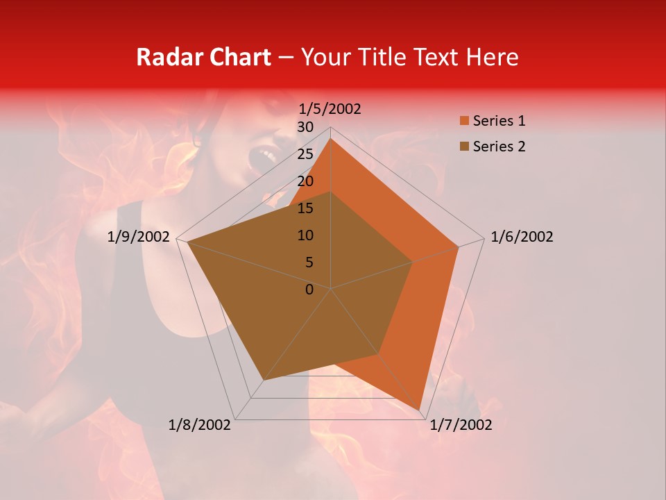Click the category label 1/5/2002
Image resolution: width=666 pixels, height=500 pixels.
[x=330, y=109]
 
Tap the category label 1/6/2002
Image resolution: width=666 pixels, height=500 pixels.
[x=522, y=237]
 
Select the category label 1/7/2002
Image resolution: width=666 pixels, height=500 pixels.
[x=461, y=425]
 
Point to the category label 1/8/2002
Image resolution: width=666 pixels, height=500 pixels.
[x=200, y=425]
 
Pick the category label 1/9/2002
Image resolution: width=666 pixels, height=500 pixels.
[x=139, y=237]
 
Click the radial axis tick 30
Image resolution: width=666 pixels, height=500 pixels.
[x=305, y=127]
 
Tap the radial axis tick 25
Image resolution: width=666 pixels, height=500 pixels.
[x=305, y=154]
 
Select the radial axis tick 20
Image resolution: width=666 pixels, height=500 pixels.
[x=305, y=181]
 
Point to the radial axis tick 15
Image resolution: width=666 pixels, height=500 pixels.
[x=305, y=208]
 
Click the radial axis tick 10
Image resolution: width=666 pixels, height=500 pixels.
[x=305, y=235]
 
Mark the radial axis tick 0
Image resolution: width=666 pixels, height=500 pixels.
[x=309, y=290]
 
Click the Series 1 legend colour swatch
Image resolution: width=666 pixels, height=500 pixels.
[x=465, y=122]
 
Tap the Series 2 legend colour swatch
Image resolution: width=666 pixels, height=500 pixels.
[x=465, y=147]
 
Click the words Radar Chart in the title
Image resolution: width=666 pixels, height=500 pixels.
[x=203, y=57]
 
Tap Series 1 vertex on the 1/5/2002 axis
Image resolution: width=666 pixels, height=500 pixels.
[x=331, y=138]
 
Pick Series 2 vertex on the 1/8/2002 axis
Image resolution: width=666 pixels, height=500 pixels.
[x=264, y=380]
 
